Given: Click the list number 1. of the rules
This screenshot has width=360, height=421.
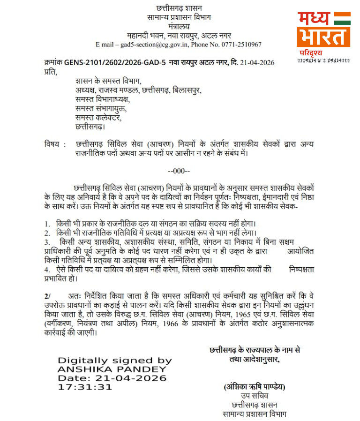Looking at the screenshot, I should (x=47, y=223).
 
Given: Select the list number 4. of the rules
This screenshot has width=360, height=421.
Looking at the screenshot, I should (x=47, y=270).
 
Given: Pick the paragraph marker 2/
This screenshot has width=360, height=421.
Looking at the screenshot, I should (x=47, y=296).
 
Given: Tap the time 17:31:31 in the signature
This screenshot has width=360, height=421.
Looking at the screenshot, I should (x=85, y=387).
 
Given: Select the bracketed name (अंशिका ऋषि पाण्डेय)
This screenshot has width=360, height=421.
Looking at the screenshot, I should (x=255, y=387).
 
